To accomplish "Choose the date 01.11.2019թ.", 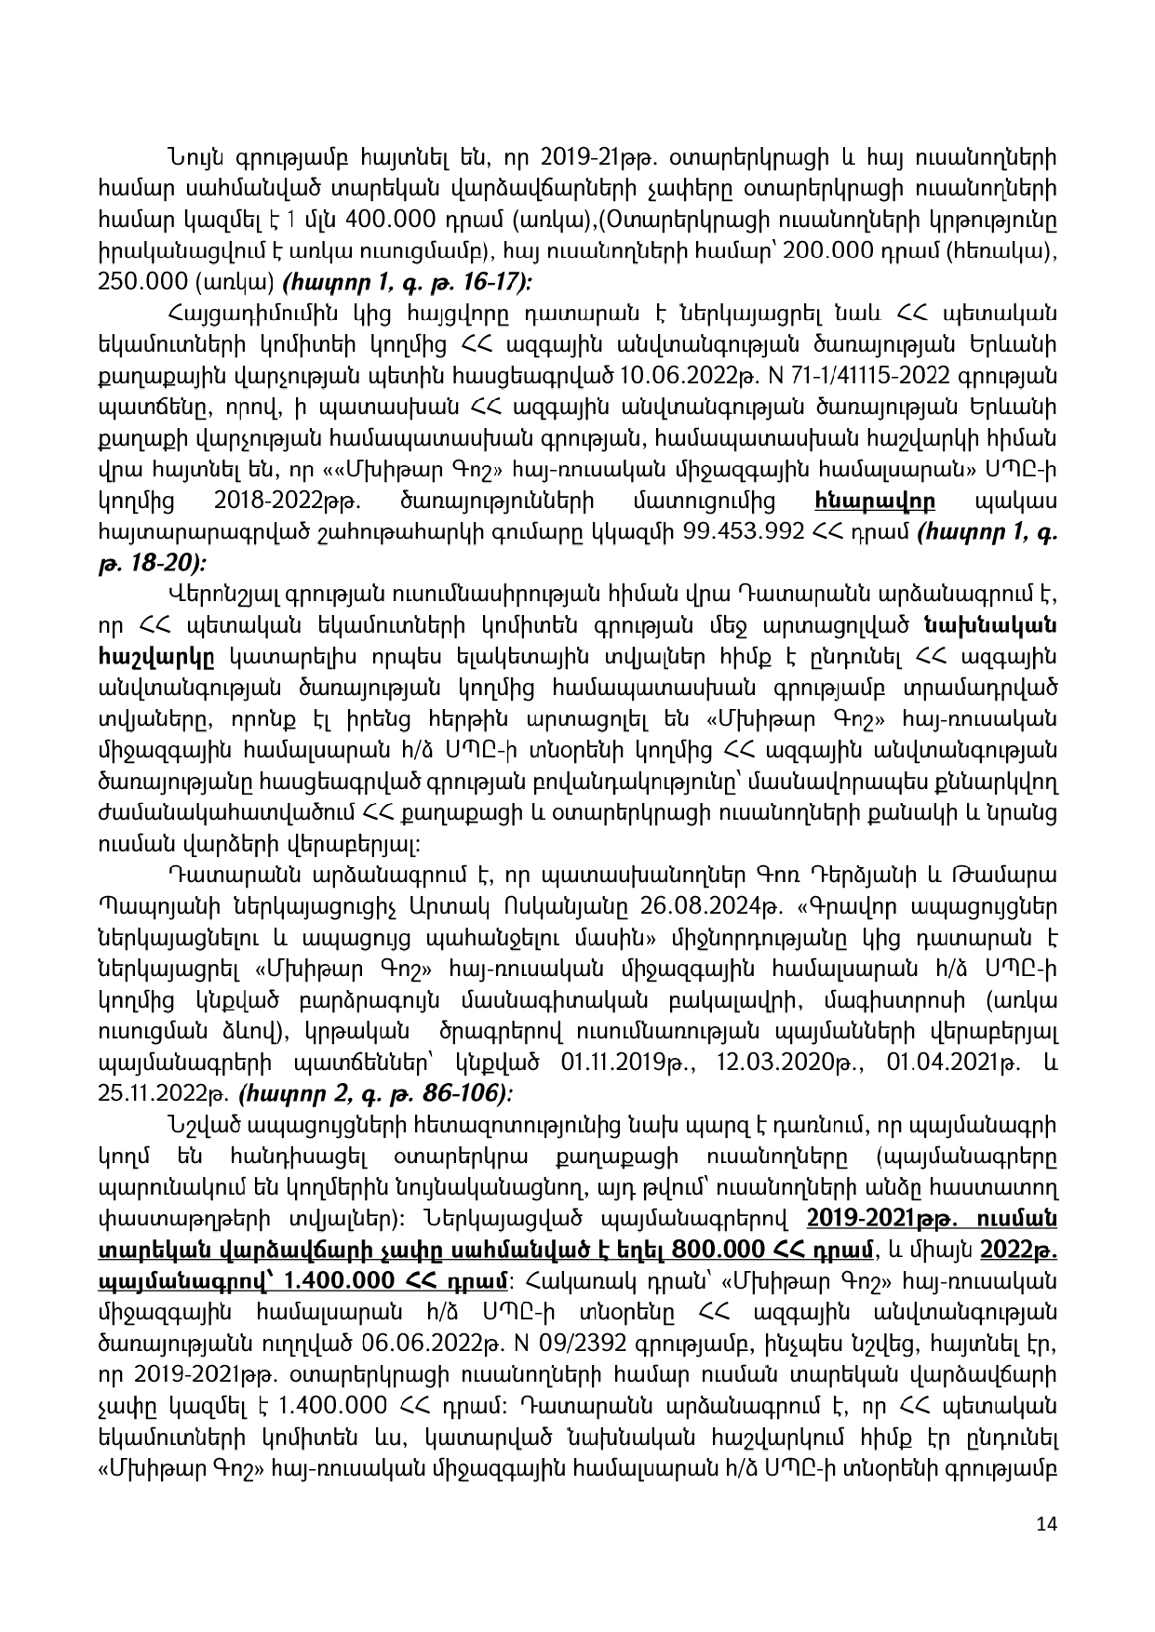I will coord(624,1062).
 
